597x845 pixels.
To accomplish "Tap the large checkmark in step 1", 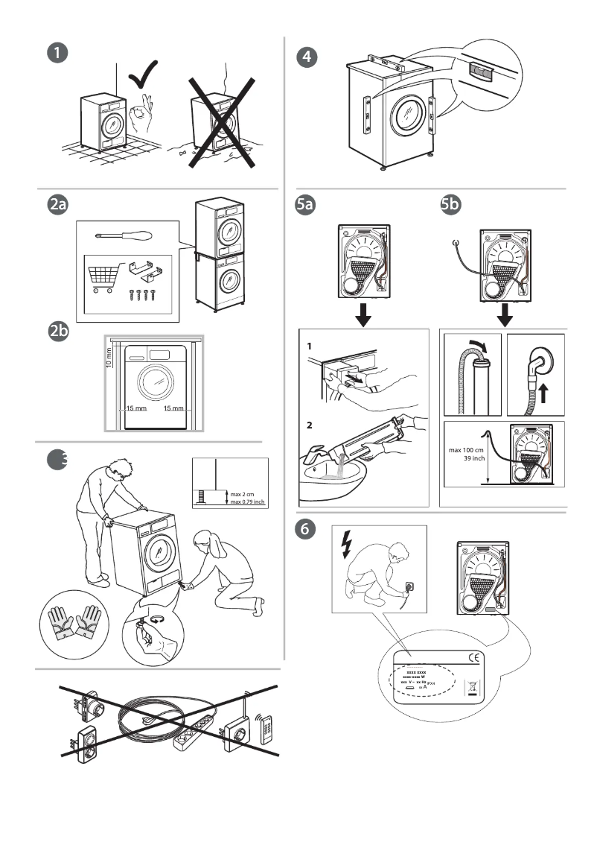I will pyautogui.click(x=143, y=77).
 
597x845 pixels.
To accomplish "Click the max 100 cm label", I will pyautogui.click(x=467, y=449).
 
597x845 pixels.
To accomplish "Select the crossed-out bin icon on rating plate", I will pyautogui.click(x=469, y=687).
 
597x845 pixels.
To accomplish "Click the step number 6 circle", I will pyautogui.click(x=305, y=531).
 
